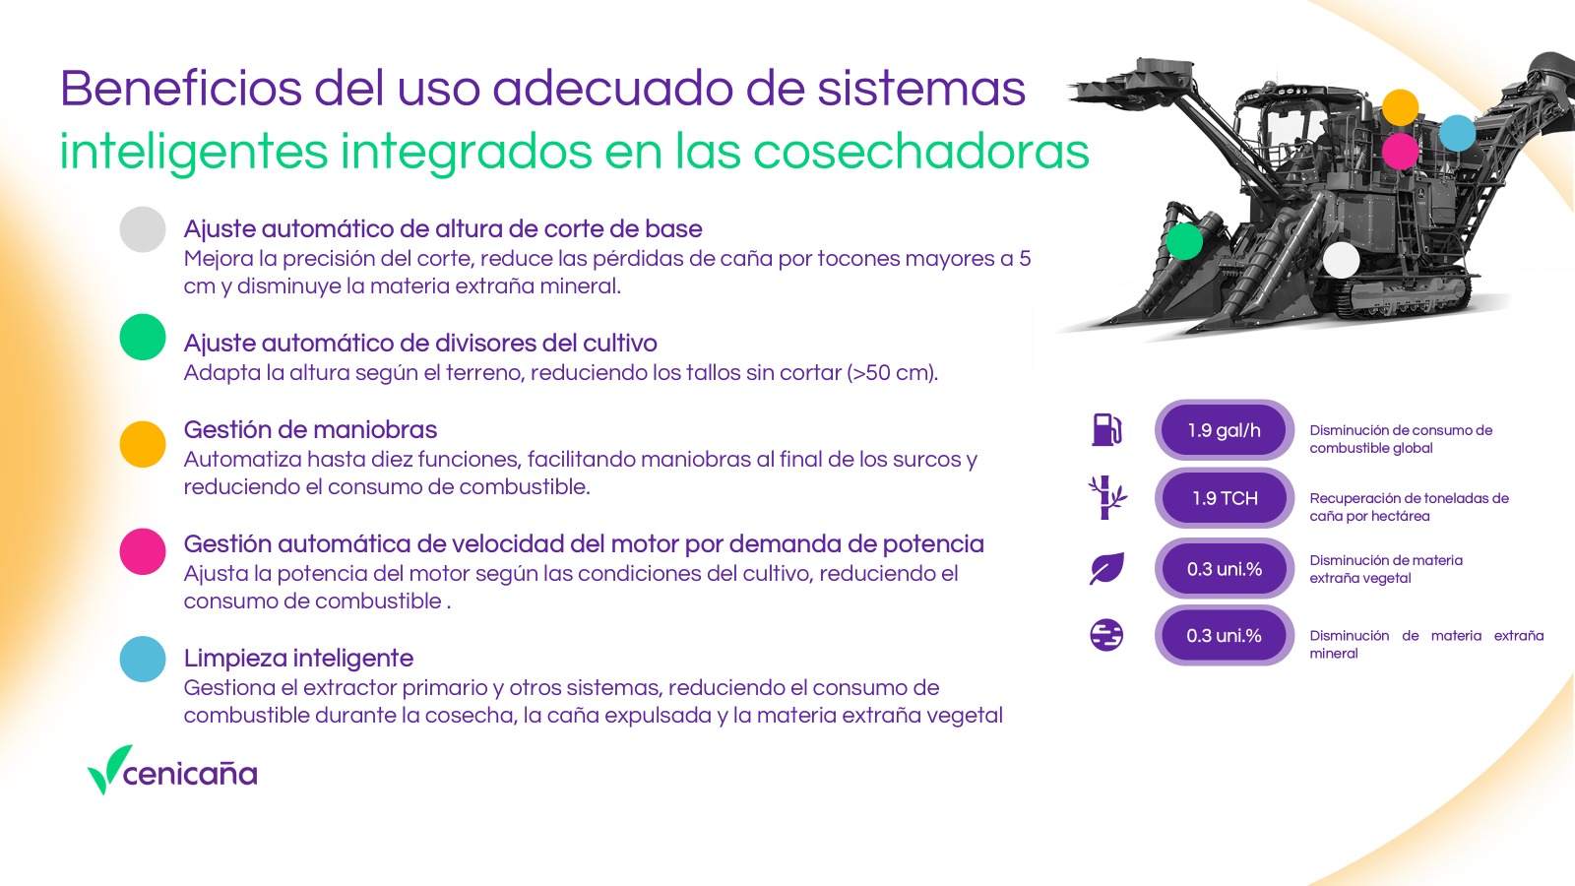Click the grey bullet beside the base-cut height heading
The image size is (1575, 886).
pos(143,229)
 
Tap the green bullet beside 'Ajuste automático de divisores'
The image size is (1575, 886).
pos(143,337)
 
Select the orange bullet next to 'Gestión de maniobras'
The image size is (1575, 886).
pos(143,444)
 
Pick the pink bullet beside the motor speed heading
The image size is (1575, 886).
pos(143,552)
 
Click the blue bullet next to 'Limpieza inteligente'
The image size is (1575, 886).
pos(143,659)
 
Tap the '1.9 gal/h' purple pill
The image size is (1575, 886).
pos(1225,430)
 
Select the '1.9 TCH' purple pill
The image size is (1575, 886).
pos(1225,498)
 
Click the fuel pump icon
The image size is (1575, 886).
pos(1106,429)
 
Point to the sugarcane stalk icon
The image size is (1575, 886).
pos(1106,498)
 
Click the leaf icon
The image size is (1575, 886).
pos(1106,568)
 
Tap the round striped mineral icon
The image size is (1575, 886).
pos(1106,636)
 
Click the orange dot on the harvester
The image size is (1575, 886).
pos(1400,107)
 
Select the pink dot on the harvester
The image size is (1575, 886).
pos(1400,152)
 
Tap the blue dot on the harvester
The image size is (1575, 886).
pos(1457,133)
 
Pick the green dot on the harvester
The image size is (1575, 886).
pos(1185,241)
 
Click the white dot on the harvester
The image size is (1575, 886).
pos(1342,260)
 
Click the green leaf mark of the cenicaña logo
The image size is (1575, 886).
pos(108,769)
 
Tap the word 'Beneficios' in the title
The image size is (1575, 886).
pos(181,89)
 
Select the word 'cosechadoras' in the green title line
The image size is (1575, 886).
pos(921,152)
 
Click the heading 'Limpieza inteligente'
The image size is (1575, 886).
pos(298,659)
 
